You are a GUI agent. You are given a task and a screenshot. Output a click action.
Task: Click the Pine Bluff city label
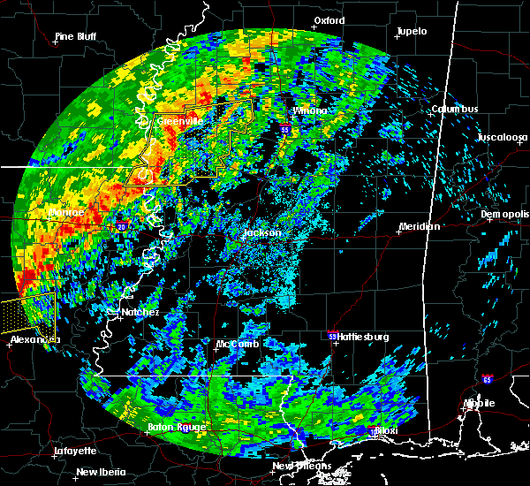click(75, 36)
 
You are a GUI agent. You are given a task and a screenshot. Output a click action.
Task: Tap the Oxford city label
click(329, 19)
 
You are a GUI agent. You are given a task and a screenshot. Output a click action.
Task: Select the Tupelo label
click(412, 31)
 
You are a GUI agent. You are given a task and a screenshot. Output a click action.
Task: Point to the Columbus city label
click(455, 109)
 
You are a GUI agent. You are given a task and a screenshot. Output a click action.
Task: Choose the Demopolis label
click(503, 215)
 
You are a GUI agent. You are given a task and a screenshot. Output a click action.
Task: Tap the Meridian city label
click(419, 226)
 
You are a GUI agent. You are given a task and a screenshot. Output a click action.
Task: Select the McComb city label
click(237, 344)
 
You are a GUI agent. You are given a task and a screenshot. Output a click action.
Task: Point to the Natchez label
click(140, 312)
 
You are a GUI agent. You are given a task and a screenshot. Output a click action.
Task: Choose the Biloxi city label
click(385, 430)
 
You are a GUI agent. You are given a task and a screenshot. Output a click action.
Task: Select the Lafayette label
click(75, 450)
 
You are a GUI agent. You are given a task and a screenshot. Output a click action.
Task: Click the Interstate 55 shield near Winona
click(284, 129)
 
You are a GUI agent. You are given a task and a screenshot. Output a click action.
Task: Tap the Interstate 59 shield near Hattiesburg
click(332, 336)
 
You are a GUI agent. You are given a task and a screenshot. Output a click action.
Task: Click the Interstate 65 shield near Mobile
click(487, 379)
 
